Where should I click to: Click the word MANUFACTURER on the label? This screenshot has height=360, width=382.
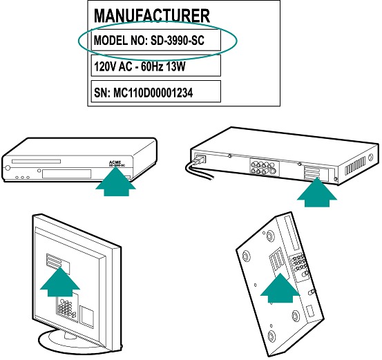click(151, 16)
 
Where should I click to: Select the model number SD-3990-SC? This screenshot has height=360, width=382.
click(178, 41)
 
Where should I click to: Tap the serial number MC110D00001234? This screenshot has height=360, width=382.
click(153, 93)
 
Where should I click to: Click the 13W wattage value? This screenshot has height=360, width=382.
click(175, 66)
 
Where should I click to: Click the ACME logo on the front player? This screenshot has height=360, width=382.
click(115, 162)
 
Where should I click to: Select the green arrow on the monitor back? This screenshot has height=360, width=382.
click(59, 282)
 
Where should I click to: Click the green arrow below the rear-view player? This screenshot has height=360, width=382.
click(317, 193)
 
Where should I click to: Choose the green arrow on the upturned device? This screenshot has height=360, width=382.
click(280, 288)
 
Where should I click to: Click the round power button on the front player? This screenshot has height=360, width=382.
click(8, 168)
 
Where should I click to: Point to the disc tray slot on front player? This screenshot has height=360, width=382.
click(36, 162)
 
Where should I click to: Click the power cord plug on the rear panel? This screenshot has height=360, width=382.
click(200, 160)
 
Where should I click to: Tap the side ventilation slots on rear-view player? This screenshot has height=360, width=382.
click(356, 166)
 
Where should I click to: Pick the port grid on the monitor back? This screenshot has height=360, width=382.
click(65, 307)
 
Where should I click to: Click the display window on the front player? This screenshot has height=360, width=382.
click(66, 174)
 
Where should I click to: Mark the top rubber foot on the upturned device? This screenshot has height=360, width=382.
click(269, 236)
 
